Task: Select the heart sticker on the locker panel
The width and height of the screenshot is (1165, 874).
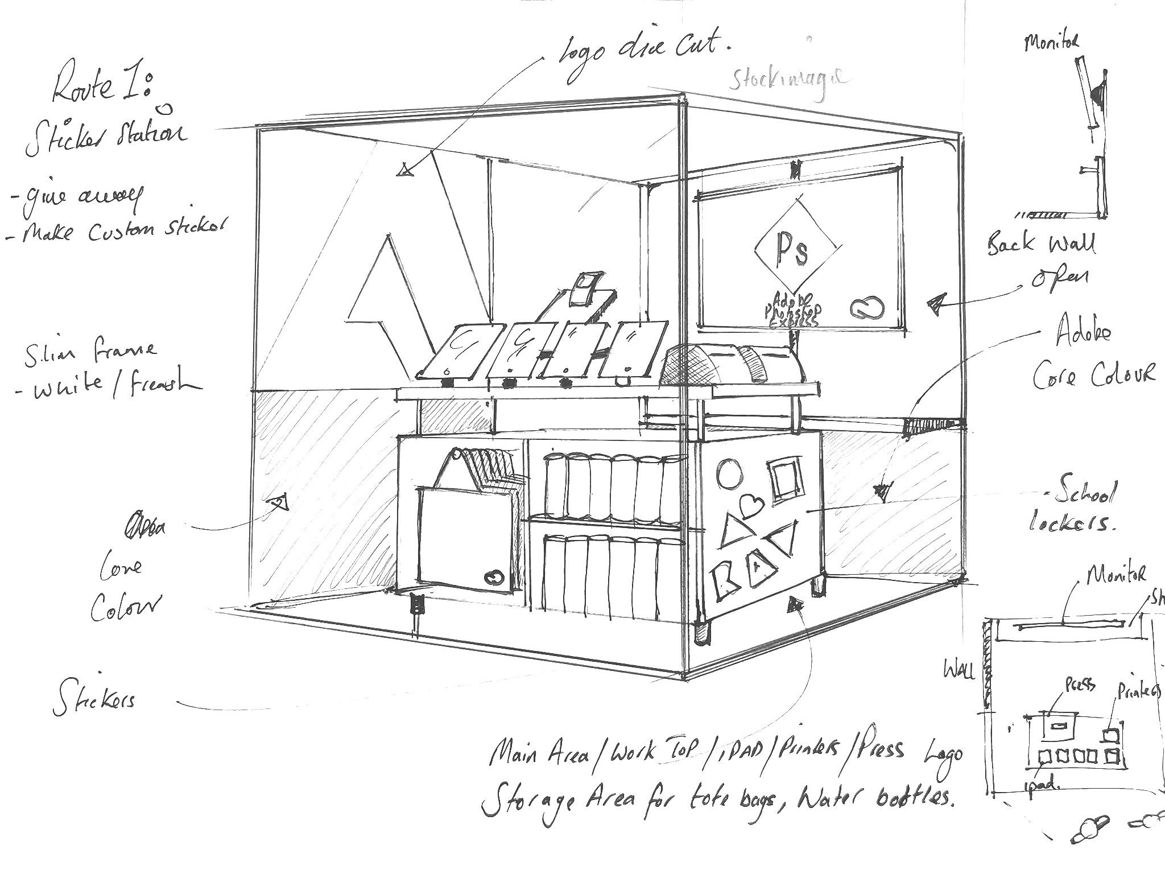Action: pyautogui.click(x=749, y=504)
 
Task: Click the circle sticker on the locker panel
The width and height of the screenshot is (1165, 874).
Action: pyautogui.click(x=729, y=473)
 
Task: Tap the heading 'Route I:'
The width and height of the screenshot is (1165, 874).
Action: pyautogui.click(x=102, y=85)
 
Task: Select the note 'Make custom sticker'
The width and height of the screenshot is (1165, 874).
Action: pyautogui.click(x=119, y=231)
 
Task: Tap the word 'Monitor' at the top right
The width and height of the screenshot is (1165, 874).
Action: pyautogui.click(x=1051, y=42)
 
